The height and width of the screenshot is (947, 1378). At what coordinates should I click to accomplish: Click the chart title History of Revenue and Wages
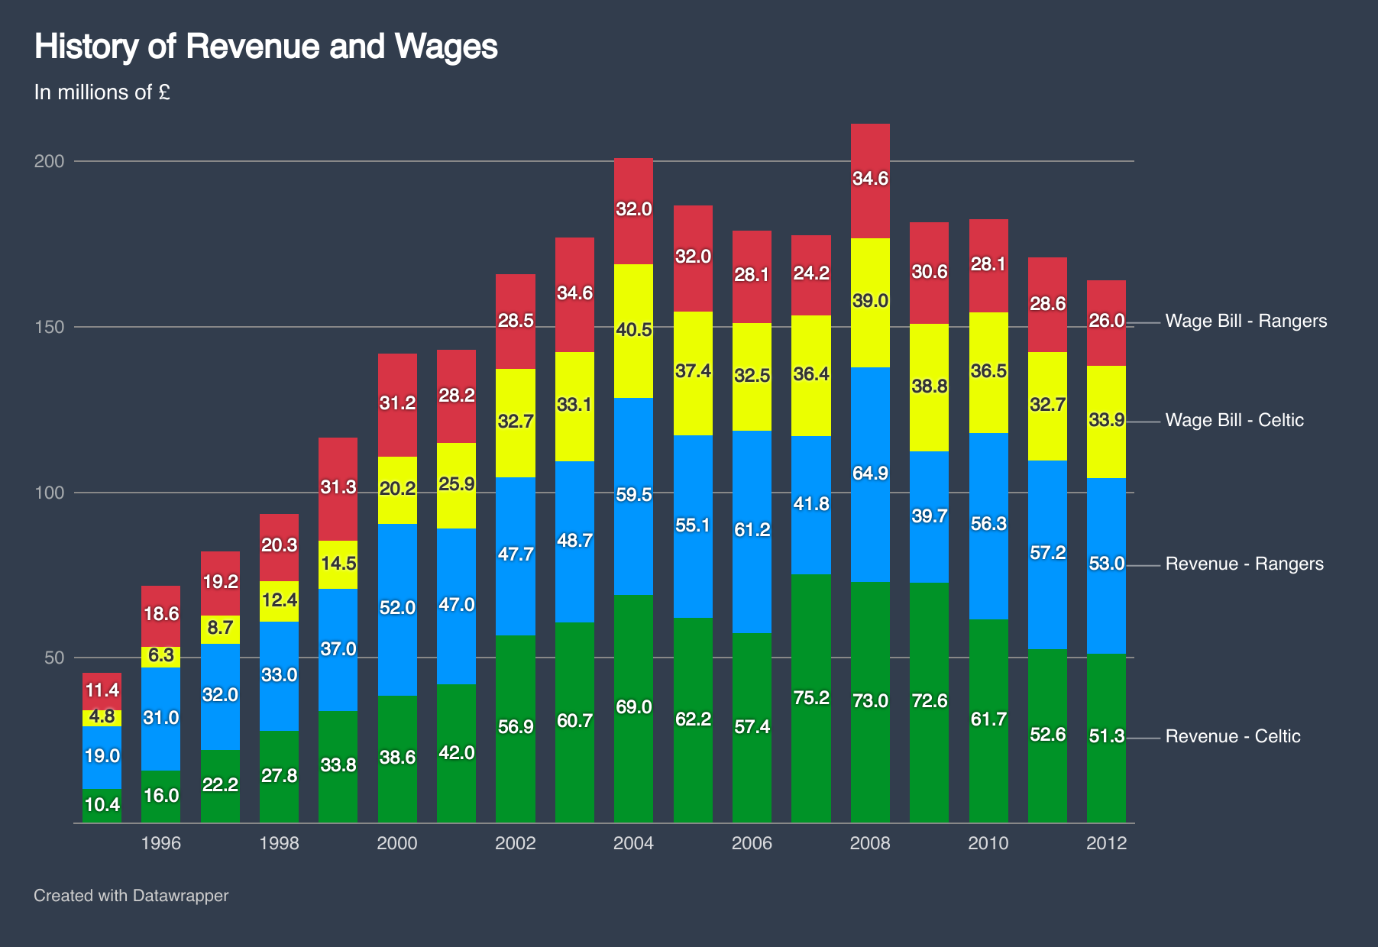coord(266,47)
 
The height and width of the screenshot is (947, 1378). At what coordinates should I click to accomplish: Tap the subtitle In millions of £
coord(102,92)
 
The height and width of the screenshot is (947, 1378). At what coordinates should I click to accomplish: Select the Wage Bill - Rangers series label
coord(1246,321)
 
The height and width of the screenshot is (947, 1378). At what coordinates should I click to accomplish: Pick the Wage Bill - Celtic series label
coord(1234,420)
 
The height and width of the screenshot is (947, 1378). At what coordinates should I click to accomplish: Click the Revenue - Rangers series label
coord(1244,564)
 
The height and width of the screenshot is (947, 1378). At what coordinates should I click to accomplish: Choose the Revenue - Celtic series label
coord(1233,736)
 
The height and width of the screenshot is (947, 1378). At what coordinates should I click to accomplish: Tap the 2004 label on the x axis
coord(633,843)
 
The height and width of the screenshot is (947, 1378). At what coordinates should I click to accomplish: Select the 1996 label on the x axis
coord(161,843)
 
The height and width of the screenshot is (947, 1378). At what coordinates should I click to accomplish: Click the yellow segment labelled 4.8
coord(102,718)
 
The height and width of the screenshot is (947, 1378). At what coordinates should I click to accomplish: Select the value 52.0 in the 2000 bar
coord(397,608)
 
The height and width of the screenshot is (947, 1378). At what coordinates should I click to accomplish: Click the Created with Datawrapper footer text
coord(131,896)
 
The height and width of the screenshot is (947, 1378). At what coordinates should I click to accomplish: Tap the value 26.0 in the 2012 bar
coord(1106,321)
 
